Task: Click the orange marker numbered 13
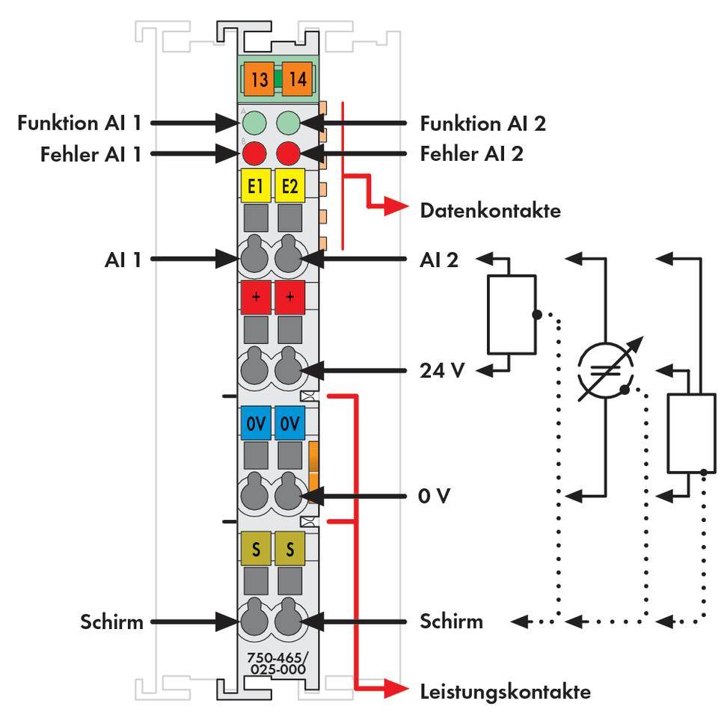pos(259,79)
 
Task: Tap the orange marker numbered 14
pos(297,79)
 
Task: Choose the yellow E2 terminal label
pos(289,186)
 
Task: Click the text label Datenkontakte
pos(491,211)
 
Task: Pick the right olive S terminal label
pos(289,550)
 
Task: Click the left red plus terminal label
pos(256,297)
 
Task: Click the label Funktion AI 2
pos(483,123)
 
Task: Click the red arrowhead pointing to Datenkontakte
pos(396,209)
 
